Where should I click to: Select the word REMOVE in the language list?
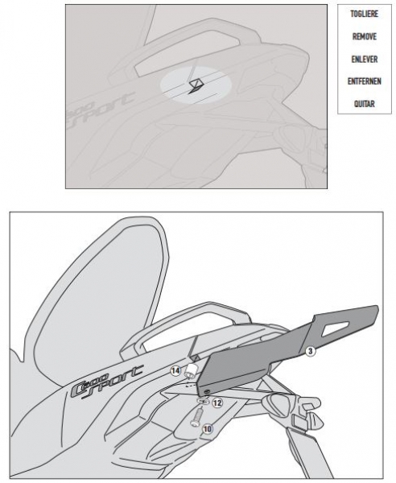coord(365,37)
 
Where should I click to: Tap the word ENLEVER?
coord(365,60)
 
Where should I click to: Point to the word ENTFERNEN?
coord(365,81)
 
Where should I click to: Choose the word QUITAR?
coord(365,104)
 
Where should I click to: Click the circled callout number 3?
coord(310,351)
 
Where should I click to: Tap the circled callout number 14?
coord(175,371)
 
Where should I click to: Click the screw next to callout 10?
coord(196,416)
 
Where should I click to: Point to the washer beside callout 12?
coord(202,400)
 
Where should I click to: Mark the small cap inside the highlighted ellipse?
coord(196,85)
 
